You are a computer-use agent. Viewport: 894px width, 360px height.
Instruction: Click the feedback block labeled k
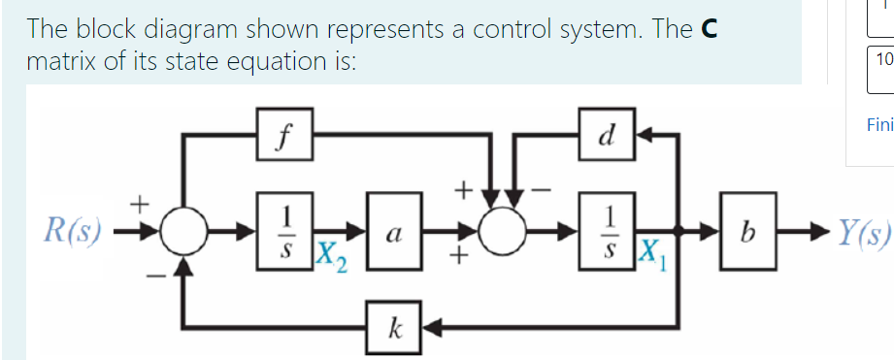(393, 325)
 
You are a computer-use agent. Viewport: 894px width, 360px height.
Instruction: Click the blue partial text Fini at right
(877, 124)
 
